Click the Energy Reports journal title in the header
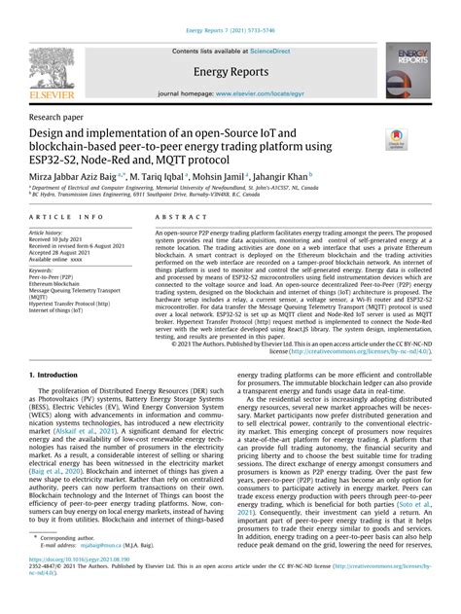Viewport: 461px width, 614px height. click(231, 71)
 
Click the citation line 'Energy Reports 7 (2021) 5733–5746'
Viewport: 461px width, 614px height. click(230, 8)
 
